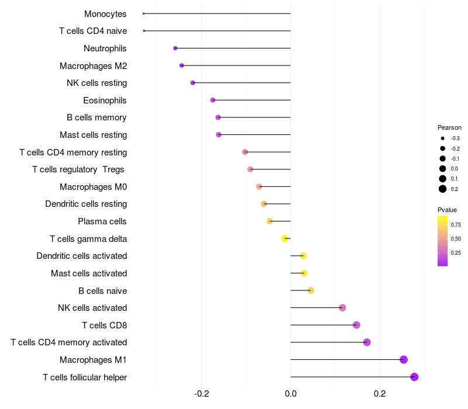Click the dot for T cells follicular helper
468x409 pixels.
point(414,377)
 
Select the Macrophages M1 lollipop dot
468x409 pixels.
point(404,359)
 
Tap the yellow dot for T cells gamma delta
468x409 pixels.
point(285,238)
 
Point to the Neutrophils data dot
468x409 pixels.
point(175,48)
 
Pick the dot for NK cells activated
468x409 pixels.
point(342,308)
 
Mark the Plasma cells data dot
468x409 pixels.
point(270,221)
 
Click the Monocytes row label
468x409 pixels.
point(105,13)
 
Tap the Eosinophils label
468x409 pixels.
point(105,100)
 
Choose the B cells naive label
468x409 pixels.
point(102,290)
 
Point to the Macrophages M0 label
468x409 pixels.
point(93,187)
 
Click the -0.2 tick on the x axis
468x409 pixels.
point(202,394)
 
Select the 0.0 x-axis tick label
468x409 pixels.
point(291,394)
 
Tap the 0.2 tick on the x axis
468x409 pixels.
point(380,394)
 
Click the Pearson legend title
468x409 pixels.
point(449,127)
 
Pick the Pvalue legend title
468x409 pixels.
point(447,210)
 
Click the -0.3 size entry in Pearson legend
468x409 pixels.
point(443,138)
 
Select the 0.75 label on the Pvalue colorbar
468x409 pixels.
point(456,224)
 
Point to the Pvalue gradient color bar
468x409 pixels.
point(443,241)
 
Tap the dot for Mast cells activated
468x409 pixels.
point(304,273)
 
